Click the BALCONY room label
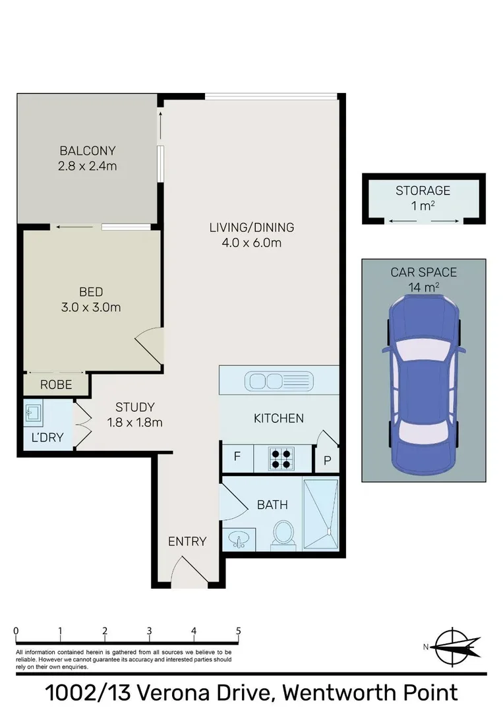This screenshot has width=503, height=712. pyautogui.click(x=87, y=150)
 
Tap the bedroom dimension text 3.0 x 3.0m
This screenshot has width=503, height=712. pyautogui.click(x=91, y=307)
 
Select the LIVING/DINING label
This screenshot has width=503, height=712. pyautogui.click(x=251, y=228)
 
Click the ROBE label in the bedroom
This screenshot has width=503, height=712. pyautogui.click(x=57, y=384)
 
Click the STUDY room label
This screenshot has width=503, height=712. pyautogui.click(x=134, y=407)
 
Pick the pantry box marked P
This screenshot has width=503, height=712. pyautogui.click(x=326, y=460)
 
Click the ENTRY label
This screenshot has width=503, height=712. pyautogui.click(x=187, y=541)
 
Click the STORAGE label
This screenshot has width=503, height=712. pyautogui.click(x=423, y=191)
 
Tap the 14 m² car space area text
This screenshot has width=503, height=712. pyautogui.click(x=423, y=286)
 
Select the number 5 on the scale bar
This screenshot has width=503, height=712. pyautogui.click(x=239, y=630)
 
